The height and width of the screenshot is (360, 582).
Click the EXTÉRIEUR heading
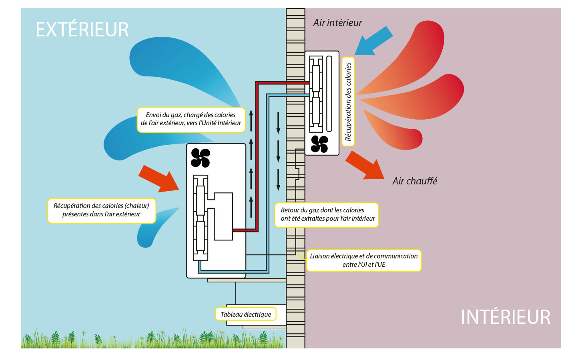[x=82, y=30]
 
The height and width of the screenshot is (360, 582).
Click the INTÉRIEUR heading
[x=506, y=317]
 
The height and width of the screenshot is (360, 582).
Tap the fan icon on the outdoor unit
[x=201, y=158]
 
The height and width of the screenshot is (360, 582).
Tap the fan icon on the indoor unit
[x=319, y=144]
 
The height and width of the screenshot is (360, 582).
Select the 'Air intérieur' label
[x=337, y=23]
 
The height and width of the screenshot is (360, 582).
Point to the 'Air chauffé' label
[x=415, y=181]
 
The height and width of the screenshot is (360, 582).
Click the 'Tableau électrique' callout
[x=246, y=314]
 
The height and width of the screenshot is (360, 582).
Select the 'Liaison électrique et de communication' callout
[x=363, y=260]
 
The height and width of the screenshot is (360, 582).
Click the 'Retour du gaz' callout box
[x=327, y=215]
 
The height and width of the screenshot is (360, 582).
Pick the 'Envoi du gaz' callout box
[x=191, y=119]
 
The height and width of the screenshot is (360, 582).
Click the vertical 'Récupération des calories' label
[x=348, y=101]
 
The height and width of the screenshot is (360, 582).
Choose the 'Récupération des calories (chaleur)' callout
[x=101, y=210]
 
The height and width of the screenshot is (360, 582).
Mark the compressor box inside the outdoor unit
[x=223, y=216]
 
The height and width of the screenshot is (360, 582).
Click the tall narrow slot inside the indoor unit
[x=329, y=94]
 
